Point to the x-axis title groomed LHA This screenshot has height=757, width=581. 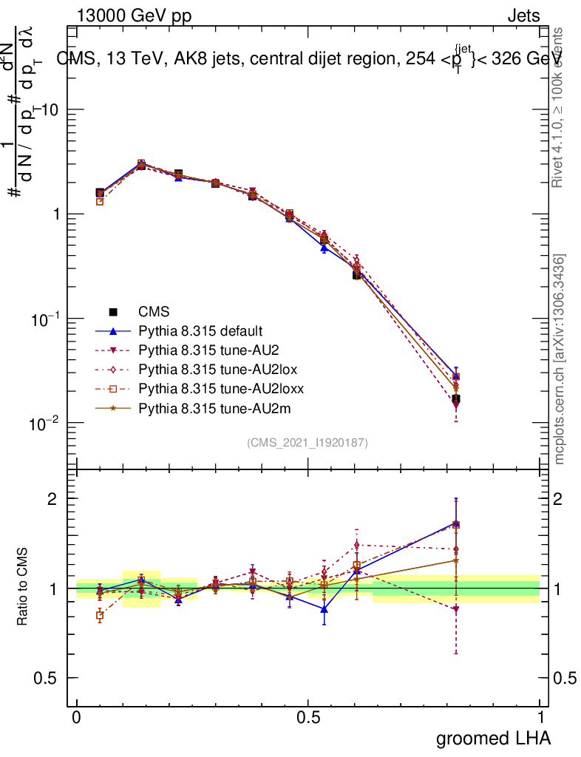tap(493, 738)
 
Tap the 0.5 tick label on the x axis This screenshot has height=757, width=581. tap(308, 717)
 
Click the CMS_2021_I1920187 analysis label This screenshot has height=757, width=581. tap(308, 443)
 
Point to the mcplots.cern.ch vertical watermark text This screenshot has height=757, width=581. tap(560, 359)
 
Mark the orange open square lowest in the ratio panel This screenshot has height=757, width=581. tap(100, 615)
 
